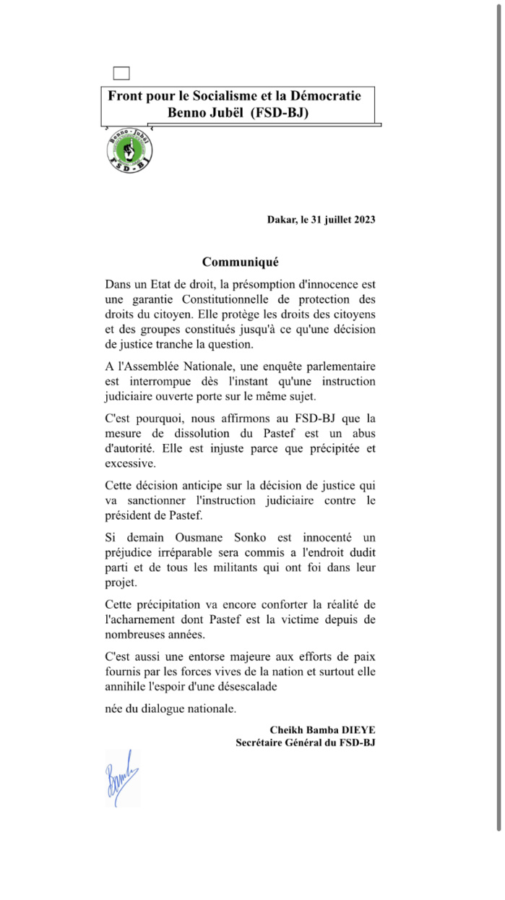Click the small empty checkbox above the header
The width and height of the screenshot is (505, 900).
(121, 72)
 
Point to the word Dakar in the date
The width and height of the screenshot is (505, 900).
(281, 219)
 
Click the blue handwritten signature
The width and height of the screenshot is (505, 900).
(121, 779)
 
